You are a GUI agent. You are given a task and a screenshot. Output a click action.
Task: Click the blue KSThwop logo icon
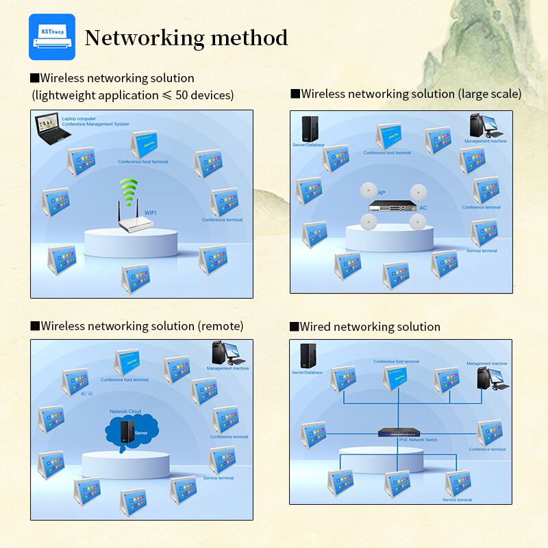(x=51, y=37)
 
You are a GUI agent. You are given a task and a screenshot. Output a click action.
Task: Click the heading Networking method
(x=186, y=38)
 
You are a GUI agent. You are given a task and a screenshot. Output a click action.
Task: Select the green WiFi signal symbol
(x=128, y=190)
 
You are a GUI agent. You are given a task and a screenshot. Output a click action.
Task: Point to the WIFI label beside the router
(x=151, y=213)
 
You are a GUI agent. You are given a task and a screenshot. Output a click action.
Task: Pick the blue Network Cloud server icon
(x=125, y=431)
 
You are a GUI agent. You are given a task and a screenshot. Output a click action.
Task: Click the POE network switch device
(x=398, y=432)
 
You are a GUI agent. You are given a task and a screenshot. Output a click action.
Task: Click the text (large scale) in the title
(x=489, y=94)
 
